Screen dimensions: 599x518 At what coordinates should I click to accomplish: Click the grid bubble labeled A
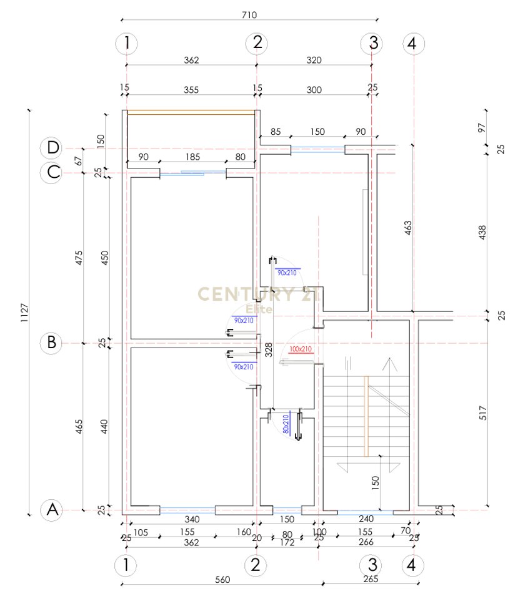click(52, 510)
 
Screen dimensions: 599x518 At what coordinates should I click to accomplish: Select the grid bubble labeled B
click(52, 343)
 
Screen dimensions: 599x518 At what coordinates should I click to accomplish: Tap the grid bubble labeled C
click(52, 172)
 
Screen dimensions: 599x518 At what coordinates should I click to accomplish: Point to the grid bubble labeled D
click(52, 148)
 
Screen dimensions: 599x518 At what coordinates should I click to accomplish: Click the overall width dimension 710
click(248, 14)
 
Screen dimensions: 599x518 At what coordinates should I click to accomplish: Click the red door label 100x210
click(300, 349)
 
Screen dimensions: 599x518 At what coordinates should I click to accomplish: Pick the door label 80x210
click(286, 424)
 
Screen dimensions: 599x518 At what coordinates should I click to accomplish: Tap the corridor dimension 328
click(268, 349)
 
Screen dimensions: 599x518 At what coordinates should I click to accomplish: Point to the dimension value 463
click(407, 228)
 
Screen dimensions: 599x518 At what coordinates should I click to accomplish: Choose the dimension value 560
click(222, 580)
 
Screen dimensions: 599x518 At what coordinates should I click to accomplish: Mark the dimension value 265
click(371, 580)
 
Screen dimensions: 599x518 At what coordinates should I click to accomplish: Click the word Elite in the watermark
click(257, 309)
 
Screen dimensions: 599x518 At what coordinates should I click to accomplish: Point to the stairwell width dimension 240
click(367, 519)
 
